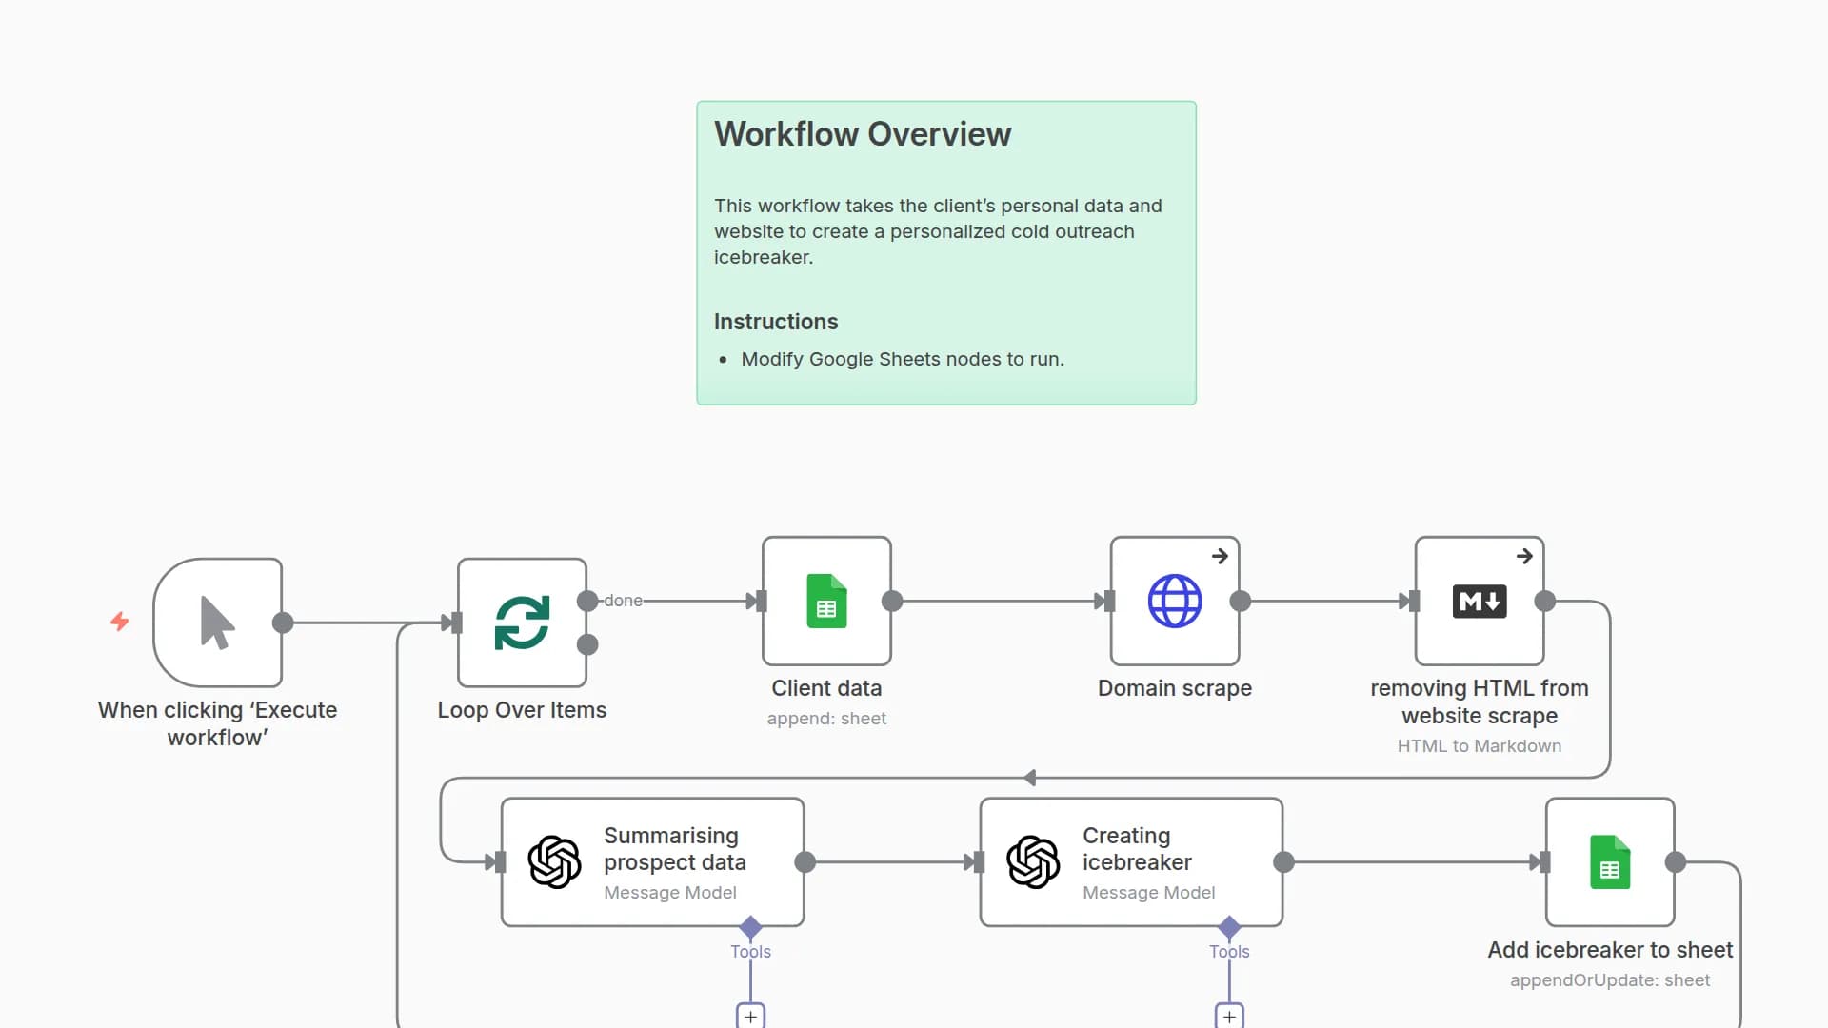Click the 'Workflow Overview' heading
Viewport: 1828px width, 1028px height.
click(x=863, y=134)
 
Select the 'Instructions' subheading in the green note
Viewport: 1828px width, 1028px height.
click(x=776, y=322)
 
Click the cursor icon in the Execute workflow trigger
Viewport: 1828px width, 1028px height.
click(x=217, y=623)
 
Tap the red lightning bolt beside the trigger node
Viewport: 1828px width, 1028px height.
click(x=120, y=622)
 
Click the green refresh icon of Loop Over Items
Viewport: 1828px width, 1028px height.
click(x=522, y=623)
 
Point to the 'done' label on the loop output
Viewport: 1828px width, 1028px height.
click(x=623, y=601)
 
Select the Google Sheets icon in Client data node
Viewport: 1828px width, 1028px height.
click(x=826, y=601)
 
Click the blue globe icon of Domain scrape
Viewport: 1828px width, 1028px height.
click(x=1175, y=601)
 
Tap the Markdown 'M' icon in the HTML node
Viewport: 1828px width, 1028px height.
click(x=1479, y=601)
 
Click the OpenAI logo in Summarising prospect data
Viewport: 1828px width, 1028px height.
click(x=554, y=862)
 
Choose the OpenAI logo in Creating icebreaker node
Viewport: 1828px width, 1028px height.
click(x=1033, y=862)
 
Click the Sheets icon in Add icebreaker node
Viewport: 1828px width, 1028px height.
click(x=1610, y=862)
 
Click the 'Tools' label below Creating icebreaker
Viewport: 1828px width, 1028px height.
click(x=1229, y=952)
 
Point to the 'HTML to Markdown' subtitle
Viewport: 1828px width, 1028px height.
click(x=1480, y=746)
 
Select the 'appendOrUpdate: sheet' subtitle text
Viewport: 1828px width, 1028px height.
click(x=1610, y=980)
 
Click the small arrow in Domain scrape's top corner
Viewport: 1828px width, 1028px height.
click(x=1220, y=556)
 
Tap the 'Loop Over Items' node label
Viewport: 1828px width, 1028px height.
click(x=522, y=710)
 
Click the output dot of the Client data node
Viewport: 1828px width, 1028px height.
click(x=892, y=601)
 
